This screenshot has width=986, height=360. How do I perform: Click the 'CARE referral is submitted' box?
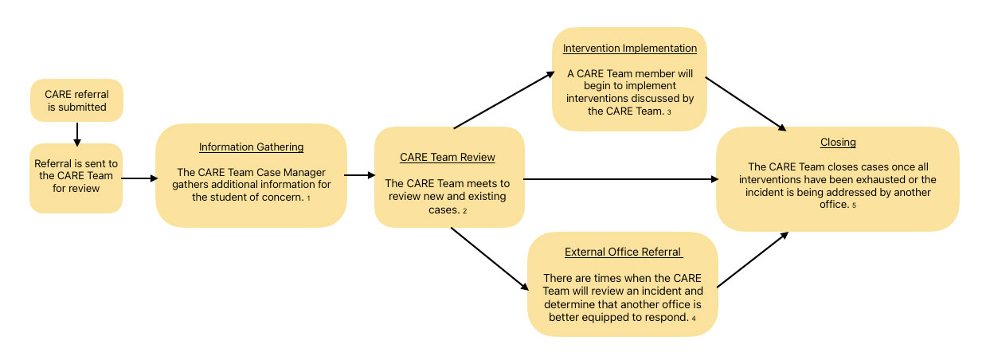(76, 100)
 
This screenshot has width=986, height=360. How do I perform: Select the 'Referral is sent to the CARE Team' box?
(76, 178)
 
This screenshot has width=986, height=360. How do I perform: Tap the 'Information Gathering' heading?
(251, 147)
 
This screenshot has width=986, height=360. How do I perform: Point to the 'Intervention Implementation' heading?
(629, 48)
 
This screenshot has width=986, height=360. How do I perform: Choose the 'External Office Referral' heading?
(623, 252)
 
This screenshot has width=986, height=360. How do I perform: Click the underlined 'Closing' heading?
(838, 143)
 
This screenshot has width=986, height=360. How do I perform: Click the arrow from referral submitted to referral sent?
(76, 133)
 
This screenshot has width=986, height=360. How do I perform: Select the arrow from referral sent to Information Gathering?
(139, 178)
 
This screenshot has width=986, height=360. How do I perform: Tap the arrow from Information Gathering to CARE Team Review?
(361, 174)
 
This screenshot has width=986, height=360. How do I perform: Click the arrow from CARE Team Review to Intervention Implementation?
(503, 100)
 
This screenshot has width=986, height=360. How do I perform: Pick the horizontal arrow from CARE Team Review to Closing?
(621, 179)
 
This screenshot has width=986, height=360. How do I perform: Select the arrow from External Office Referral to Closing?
(753, 260)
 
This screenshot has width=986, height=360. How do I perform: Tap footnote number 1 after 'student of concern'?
(308, 198)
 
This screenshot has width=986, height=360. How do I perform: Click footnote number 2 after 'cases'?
(464, 211)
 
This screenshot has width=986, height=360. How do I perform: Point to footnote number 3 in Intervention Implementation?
(669, 113)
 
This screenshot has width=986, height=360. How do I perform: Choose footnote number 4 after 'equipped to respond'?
(693, 319)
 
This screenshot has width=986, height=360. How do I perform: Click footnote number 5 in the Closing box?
(853, 206)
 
